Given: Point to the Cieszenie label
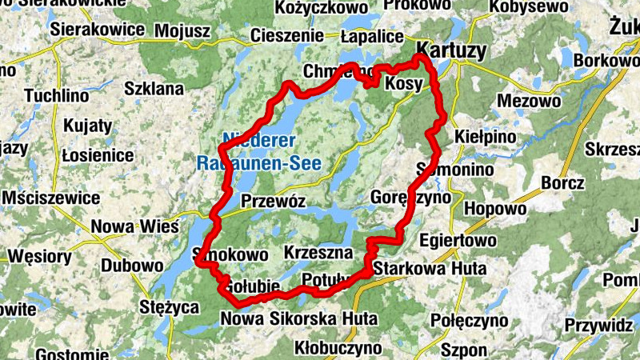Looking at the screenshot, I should pyautogui.click(x=286, y=36).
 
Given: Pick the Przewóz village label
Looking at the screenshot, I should pyautogui.click(x=273, y=202).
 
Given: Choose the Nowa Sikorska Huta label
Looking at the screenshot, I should pyautogui.click(x=298, y=318).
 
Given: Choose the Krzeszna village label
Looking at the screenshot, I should pyautogui.click(x=318, y=253).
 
